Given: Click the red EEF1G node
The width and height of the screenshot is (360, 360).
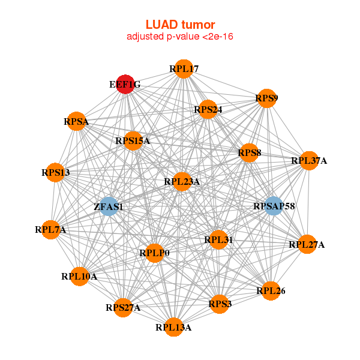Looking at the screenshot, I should click(125, 85).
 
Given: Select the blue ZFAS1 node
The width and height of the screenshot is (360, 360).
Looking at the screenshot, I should click(109, 206).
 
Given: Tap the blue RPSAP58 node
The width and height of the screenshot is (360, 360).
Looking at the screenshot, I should click(274, 206).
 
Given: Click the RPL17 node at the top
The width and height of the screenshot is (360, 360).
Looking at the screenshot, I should click(184, 69).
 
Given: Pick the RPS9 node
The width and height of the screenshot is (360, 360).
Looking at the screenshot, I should click(266, 98).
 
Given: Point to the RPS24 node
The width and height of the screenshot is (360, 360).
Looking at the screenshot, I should click(208, 109).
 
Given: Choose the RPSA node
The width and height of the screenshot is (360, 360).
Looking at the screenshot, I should click(76, 122).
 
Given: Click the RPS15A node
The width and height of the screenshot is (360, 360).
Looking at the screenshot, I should click(133, 141).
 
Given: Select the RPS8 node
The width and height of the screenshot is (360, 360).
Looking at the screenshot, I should click(249, 153).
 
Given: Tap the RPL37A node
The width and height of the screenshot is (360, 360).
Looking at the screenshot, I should click(309, 160).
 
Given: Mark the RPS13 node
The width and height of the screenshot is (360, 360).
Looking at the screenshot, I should click(56, 173).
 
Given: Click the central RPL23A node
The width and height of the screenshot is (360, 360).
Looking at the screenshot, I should click(182, 181).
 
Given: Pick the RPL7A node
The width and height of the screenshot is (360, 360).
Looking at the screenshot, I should click(50, 229).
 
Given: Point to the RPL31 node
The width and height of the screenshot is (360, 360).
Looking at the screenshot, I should click(218, 240).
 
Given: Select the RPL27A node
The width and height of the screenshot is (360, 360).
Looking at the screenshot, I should click(307, 244).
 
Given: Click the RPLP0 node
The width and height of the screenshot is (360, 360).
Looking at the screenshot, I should click(154, 253).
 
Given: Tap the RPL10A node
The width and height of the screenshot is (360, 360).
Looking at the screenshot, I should click(79, 276).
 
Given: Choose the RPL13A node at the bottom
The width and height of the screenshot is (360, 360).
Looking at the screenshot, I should click(173, 327).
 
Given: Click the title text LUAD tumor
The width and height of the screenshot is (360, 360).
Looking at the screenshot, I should click(180, 25).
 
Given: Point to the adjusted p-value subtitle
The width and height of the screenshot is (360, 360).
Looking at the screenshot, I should click(180, 37).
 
